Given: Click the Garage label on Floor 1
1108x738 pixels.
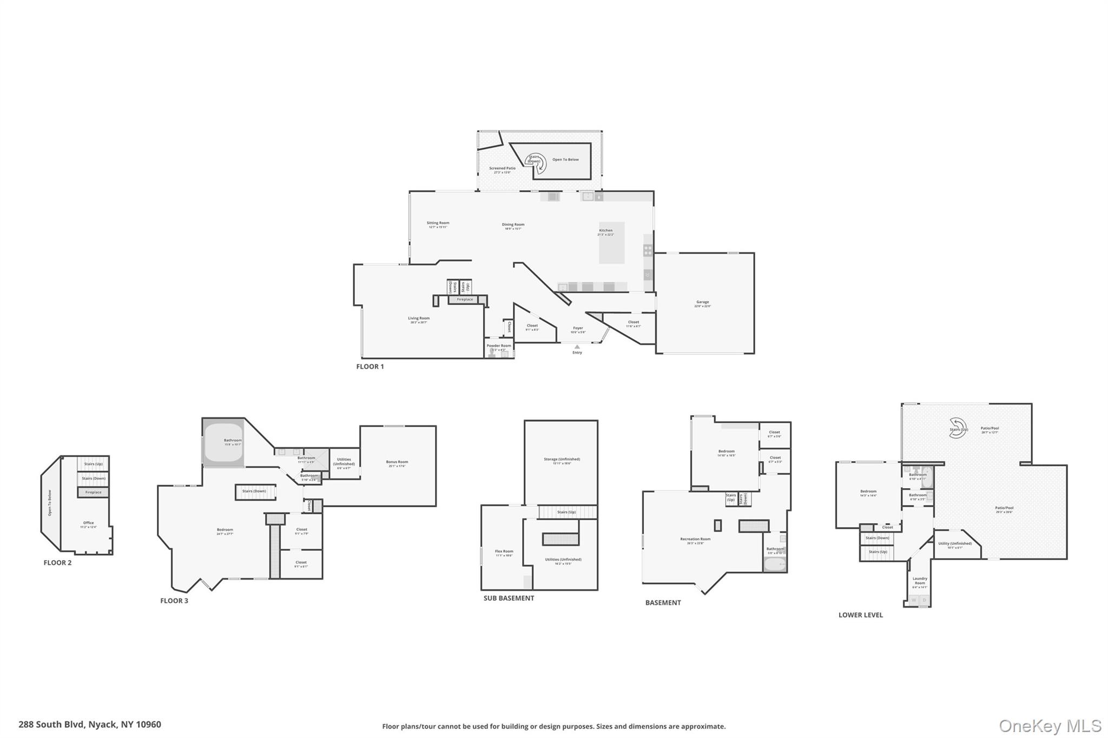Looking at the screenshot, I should pos(702,302).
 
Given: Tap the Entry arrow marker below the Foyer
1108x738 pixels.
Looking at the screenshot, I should pos(577,347).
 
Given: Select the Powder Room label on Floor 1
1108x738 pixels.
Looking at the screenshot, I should pos(498,346).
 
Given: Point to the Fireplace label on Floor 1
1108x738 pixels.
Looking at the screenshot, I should pos(465,300).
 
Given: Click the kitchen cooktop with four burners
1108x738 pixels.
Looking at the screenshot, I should pos(648,250).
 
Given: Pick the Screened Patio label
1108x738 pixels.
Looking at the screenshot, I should pos(502,168).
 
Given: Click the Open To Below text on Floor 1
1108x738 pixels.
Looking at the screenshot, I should pos(565,159).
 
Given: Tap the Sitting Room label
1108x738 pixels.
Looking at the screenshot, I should pos(438,223).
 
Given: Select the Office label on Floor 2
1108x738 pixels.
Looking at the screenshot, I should pos(88,523).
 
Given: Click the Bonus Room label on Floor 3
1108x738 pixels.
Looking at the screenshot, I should pos(397,462).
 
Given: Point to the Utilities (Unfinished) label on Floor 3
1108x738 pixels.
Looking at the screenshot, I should pos(344,461).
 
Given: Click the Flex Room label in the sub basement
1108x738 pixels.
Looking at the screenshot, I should pos(504,551).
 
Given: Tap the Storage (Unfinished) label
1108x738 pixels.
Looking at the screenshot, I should pos(562,460).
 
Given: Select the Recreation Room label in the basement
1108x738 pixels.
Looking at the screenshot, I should pos(695,539).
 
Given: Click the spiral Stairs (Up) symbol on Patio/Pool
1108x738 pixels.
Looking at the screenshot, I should pos(957,428).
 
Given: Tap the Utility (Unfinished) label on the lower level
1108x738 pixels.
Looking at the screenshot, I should pos(955,543).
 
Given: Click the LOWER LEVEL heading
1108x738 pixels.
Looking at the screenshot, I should pos(860,615).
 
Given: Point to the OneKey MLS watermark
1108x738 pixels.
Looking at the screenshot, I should pos(1050,726).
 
